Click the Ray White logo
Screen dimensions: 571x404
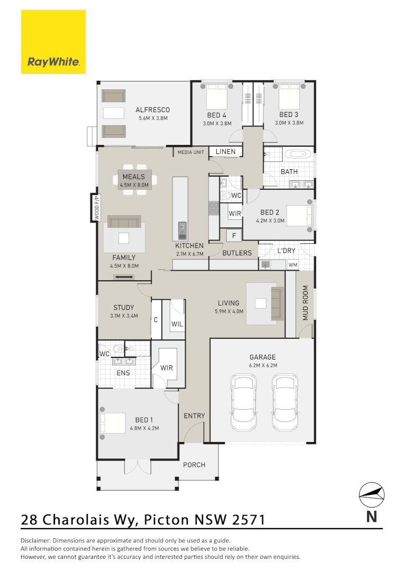53,42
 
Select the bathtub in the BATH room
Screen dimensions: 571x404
298,155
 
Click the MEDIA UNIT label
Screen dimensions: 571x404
190,152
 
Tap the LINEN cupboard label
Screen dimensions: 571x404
226,152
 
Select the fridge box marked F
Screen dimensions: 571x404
233,235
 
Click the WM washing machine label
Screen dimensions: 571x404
292,264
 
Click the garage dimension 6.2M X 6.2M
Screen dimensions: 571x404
263,365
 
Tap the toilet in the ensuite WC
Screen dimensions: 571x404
118,349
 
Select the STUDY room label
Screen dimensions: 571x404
124,308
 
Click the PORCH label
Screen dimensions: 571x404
194,465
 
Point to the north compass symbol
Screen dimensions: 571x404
371,495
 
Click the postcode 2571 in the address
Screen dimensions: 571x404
248,520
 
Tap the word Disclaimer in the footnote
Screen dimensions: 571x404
36,541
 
